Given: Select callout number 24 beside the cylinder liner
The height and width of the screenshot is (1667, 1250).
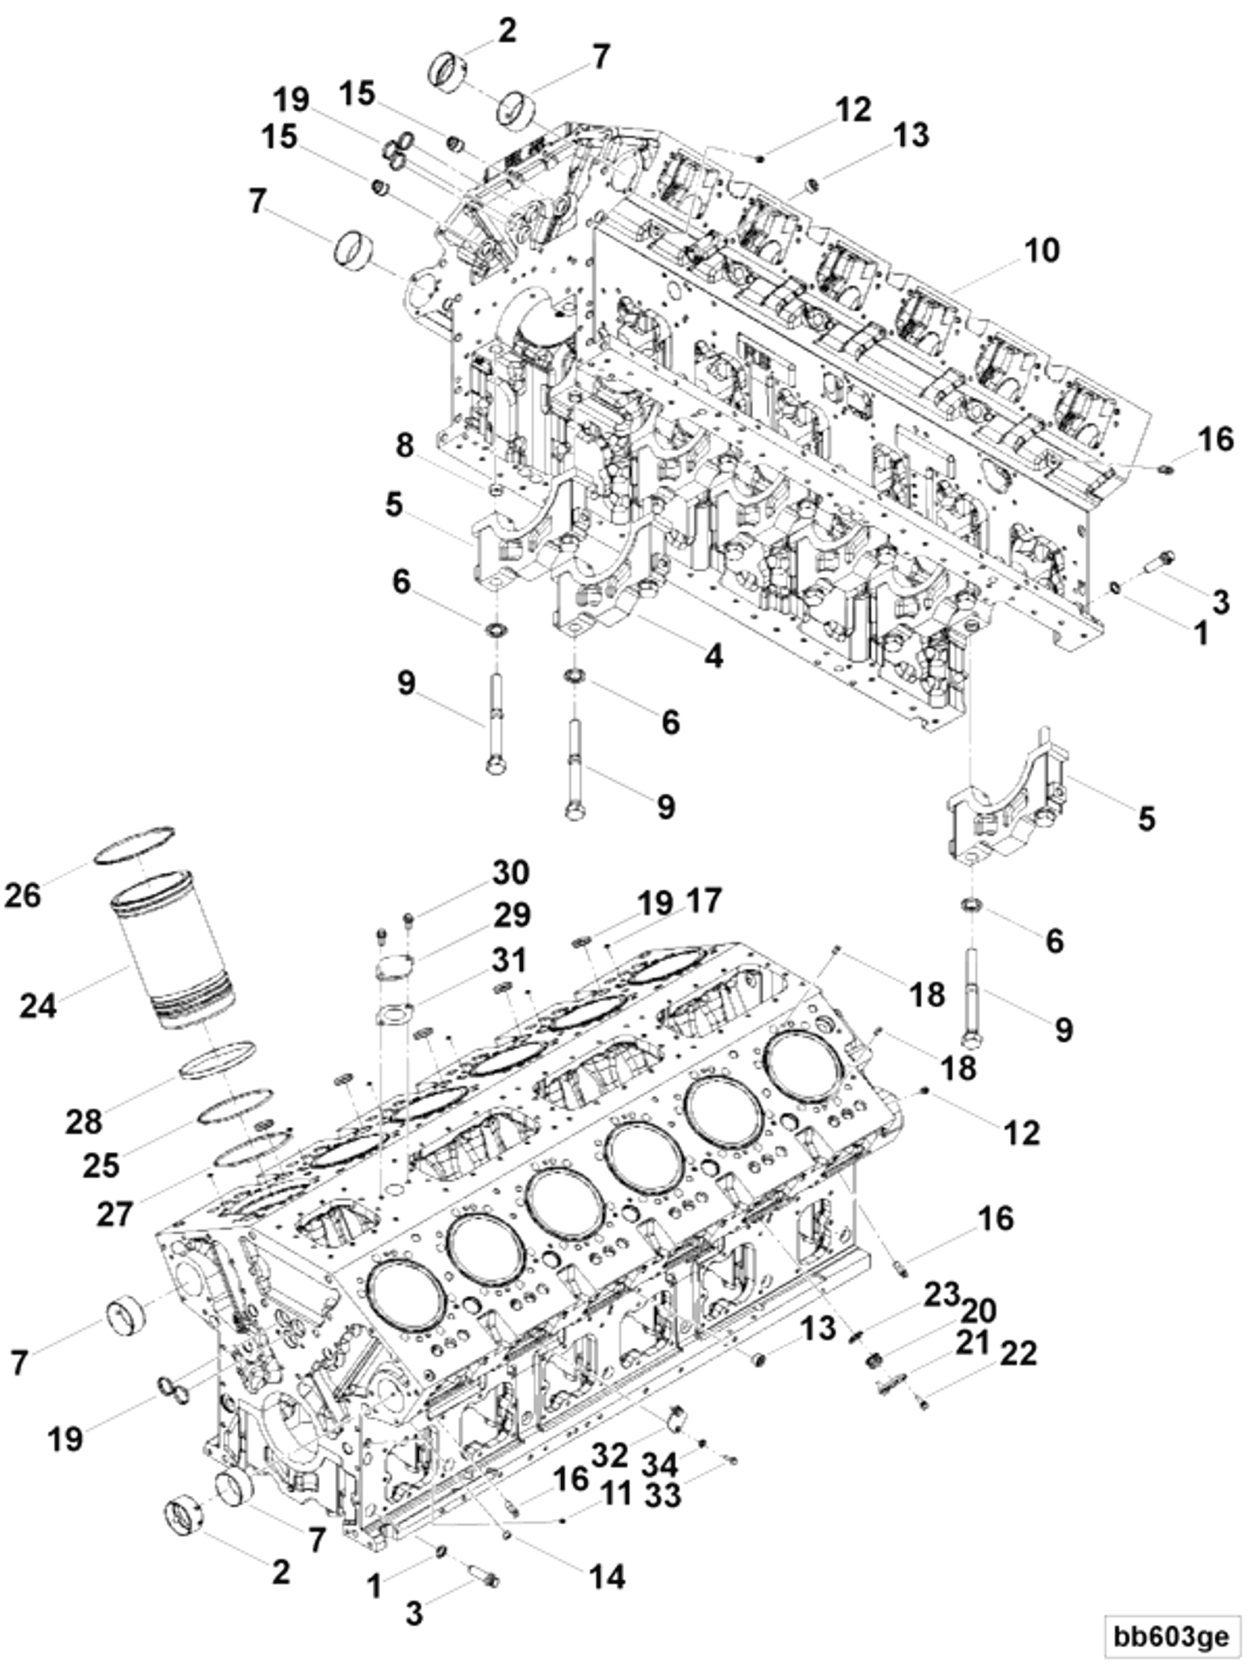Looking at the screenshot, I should pyautogui.click(x=38, y=1005).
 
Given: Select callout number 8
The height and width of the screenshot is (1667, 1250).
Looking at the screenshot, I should pyautogui.click(x=405, y=445).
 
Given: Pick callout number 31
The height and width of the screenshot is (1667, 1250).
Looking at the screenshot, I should pyautogui.click(x=510, y=961).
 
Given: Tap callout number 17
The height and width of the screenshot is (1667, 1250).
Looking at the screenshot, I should pyautogui.click(x=703, y=900).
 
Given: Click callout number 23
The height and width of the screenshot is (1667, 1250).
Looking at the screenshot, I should pyautogui.click(x=942, y=1295).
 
